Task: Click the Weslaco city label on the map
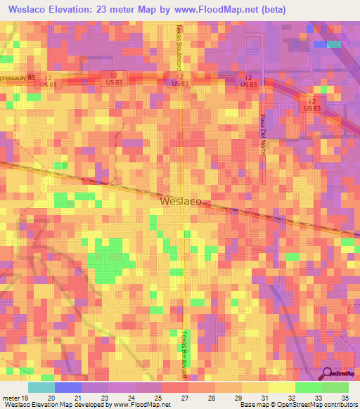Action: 181,201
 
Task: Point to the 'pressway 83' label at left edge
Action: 17,78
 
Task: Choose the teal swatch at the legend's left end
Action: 41,387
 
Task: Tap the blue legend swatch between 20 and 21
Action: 68,387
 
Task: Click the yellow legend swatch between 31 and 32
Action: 281,387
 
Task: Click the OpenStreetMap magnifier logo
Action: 329,372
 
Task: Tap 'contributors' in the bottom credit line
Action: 340,405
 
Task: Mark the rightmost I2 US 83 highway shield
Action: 311,104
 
